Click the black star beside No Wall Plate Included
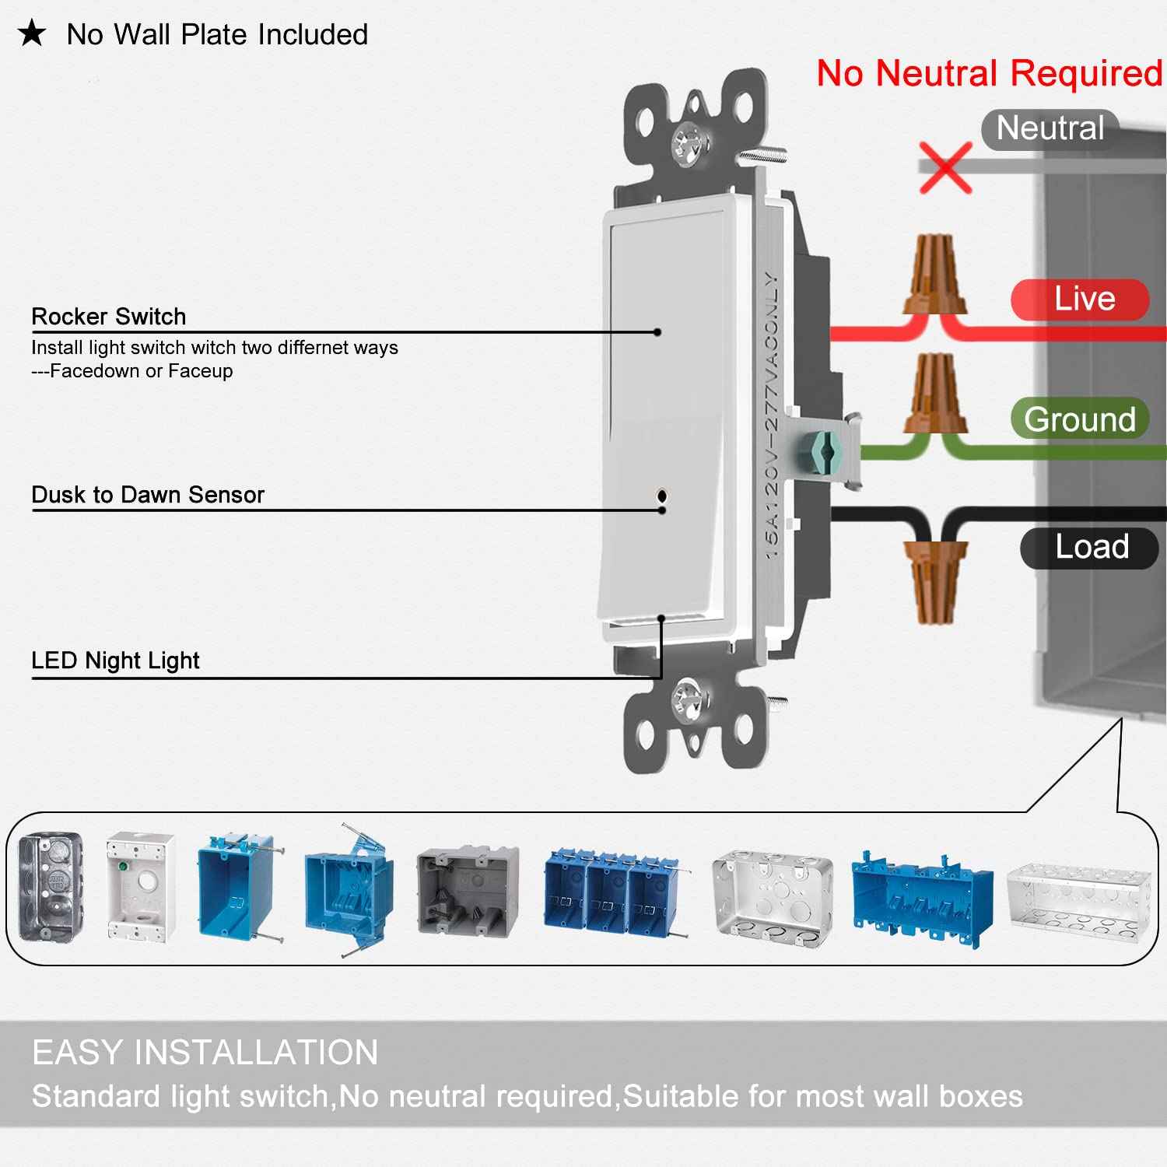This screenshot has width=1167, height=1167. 32,34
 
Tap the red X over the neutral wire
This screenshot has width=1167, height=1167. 945,167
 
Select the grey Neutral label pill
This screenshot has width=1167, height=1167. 1050,128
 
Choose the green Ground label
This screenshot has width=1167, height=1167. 1080,419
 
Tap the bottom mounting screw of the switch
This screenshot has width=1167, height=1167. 690,697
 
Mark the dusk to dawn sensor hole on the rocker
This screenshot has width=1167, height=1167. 662,495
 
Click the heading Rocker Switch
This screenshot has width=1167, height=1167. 109,317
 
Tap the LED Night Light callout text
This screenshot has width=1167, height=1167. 115,661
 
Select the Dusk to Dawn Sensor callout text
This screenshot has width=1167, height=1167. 148,495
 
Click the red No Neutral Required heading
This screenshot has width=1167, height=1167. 989,74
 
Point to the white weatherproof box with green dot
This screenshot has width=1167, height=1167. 141,886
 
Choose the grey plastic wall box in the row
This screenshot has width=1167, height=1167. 468,888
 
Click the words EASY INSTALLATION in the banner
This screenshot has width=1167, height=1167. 205,1053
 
